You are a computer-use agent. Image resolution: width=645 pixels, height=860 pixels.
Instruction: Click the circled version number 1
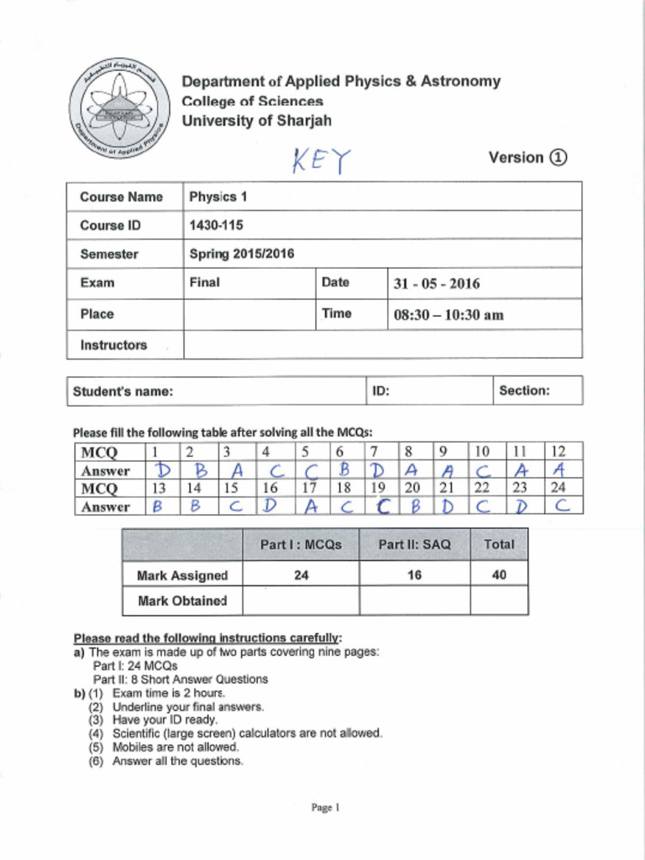click(x=558, y=157)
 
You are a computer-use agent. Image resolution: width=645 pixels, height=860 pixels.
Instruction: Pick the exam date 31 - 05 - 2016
click(x=437, y=283)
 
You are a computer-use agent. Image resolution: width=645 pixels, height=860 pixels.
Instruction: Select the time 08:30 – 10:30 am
click(x=448, y=315)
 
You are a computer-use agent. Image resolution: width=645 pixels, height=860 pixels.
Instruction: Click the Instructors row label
click(x=113, y=344)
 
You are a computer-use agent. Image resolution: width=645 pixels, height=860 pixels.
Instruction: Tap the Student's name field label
click(x=123, y=391)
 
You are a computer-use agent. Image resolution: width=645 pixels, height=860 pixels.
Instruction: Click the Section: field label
click(x=524, y=391)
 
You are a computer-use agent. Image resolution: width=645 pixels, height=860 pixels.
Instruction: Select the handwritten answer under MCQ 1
click(x=163, y=470)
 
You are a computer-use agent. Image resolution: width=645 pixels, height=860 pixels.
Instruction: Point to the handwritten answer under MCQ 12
click(x=563, y=470)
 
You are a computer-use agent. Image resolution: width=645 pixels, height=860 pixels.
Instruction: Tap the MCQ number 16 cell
click(x=270, y=488)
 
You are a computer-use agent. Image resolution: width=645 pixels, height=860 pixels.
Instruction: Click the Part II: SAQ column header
click(x=414, y=544)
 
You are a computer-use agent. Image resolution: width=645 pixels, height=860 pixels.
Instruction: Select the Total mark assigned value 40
click(x=499, y=575)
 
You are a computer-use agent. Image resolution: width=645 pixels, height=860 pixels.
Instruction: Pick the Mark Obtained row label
click(x=182, y=600)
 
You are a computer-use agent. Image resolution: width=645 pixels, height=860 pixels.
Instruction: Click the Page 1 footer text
click(x=324, y=808)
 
